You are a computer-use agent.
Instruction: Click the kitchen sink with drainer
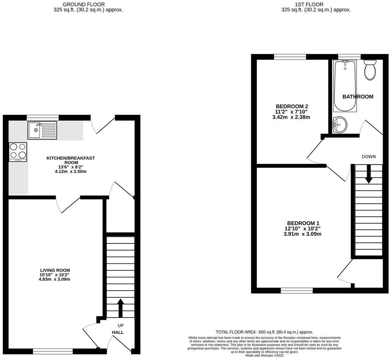coord(42,130)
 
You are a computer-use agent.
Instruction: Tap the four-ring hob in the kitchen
coord(18,151)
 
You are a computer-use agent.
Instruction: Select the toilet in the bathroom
coord(370,69)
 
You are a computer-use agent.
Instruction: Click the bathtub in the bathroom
coord(345,86)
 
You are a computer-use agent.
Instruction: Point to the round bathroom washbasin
coord(340,124)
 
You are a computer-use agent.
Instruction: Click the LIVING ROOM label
coord(55,270)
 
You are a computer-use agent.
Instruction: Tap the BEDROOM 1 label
coord(303,223)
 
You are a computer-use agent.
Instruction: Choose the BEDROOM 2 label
coord(292,106)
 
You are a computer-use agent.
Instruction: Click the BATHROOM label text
coord(358,97)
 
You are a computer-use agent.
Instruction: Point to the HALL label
coord(118,332)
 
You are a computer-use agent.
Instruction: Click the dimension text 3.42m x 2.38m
coord(291,117)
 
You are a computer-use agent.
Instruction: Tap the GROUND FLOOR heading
coord(84,4)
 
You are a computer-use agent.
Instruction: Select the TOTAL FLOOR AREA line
coord(264,332)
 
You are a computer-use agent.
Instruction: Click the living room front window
coord(53,351)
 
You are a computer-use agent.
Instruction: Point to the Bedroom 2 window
coord(290,57)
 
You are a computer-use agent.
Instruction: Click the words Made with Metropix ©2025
coord(264,355)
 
